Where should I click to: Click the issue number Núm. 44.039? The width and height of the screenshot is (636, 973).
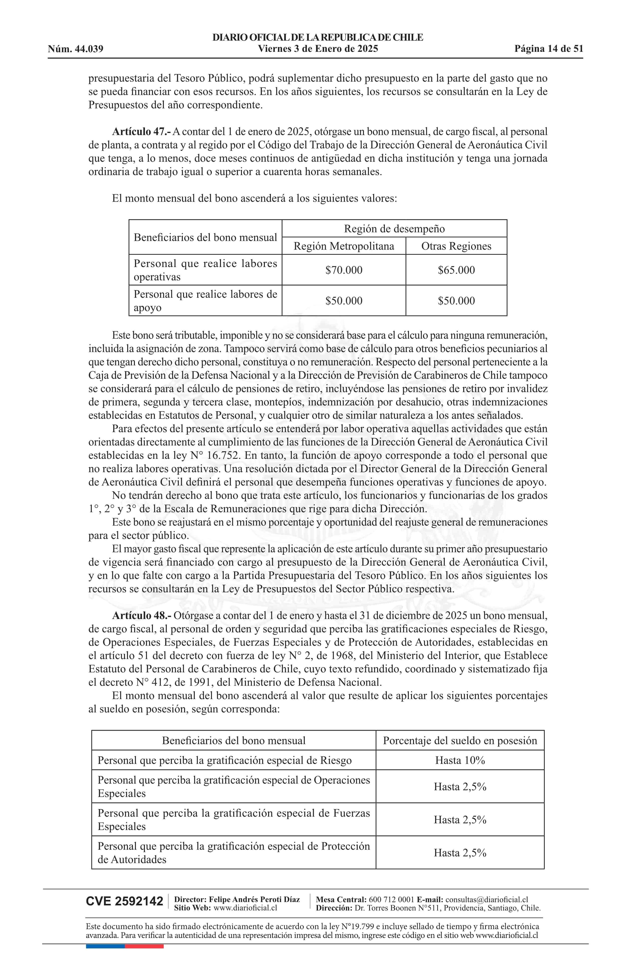coord(76,49)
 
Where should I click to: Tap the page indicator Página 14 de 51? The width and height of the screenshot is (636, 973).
coord(548,49)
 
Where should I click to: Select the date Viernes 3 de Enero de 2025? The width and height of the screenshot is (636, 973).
coord(318,49)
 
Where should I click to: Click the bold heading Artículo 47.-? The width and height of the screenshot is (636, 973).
coord(141,132)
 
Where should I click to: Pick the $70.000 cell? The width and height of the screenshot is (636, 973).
coord(344,270)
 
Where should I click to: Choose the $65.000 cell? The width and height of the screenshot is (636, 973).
coord(456,270)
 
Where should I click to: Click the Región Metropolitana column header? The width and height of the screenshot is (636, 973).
coord(344,246)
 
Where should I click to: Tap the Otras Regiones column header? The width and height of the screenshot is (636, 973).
coord(456,246)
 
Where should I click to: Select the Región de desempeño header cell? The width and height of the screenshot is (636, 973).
coord(394,229)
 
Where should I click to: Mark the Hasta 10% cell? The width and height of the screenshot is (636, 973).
coord(460,760)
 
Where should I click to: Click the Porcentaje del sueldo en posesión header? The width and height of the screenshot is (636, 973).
coord(460,741)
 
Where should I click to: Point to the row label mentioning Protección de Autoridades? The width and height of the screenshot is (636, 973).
coord(233,853)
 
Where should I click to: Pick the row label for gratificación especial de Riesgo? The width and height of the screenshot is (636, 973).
coord(224,760)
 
